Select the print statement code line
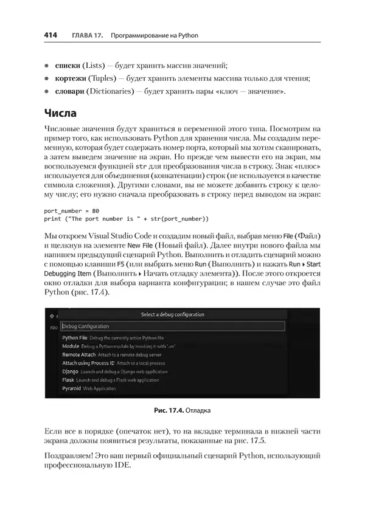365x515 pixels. [x=127, y=219]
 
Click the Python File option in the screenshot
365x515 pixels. [x=75, y=337]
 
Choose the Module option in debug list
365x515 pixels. [x=71, y=345]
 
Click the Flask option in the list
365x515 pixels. [x=68, y=379]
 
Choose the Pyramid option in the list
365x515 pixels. [x=72, y=388]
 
